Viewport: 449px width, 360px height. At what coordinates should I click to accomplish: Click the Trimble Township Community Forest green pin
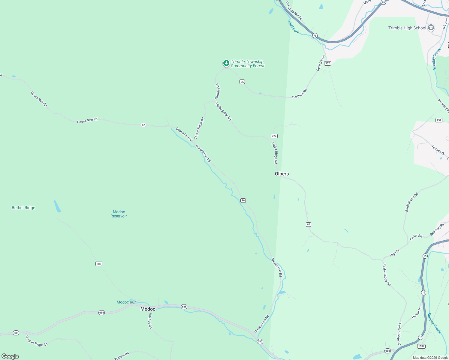click(x=226, y=63)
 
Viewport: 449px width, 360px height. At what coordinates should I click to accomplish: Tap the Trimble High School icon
click(x=431, y=28)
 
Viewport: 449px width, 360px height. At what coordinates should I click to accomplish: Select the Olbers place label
click(x=282, y=174)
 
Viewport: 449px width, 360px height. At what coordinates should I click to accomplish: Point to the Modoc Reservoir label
click(x=119, y=214)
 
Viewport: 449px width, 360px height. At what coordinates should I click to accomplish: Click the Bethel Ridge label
click(x=23, y=208)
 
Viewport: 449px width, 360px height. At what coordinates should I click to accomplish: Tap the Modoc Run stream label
click(x=126, y=302)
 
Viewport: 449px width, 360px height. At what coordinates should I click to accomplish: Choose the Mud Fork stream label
click(x=293, y=27)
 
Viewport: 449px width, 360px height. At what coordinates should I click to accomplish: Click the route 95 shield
click(x=242, y=82)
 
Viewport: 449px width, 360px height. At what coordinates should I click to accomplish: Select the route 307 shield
click(x=327, y=63)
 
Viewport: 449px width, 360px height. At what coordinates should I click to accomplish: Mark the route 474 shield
click(x=274, y=136)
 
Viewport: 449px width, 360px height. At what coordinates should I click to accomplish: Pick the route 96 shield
click(x=243, y=200)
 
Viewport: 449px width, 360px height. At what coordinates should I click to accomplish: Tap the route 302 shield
click(x=99, y=264)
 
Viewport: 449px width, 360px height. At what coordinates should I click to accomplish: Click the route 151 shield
click(x=439, y=120)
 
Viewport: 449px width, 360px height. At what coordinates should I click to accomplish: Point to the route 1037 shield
click(x=421, y=346)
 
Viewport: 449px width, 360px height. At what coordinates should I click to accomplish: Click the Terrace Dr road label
click(x=438, y=150)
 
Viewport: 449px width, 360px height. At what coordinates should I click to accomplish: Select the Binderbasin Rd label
click(x=411, y=202)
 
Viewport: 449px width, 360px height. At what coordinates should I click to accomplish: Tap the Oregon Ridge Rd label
click(x=37, y=341)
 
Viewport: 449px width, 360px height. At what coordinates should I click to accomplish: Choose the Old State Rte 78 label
click(x=294, y=11)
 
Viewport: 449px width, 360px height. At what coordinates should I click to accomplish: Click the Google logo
click(x=10, y=356)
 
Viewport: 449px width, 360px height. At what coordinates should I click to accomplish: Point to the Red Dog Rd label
click(x=437, y=229)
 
